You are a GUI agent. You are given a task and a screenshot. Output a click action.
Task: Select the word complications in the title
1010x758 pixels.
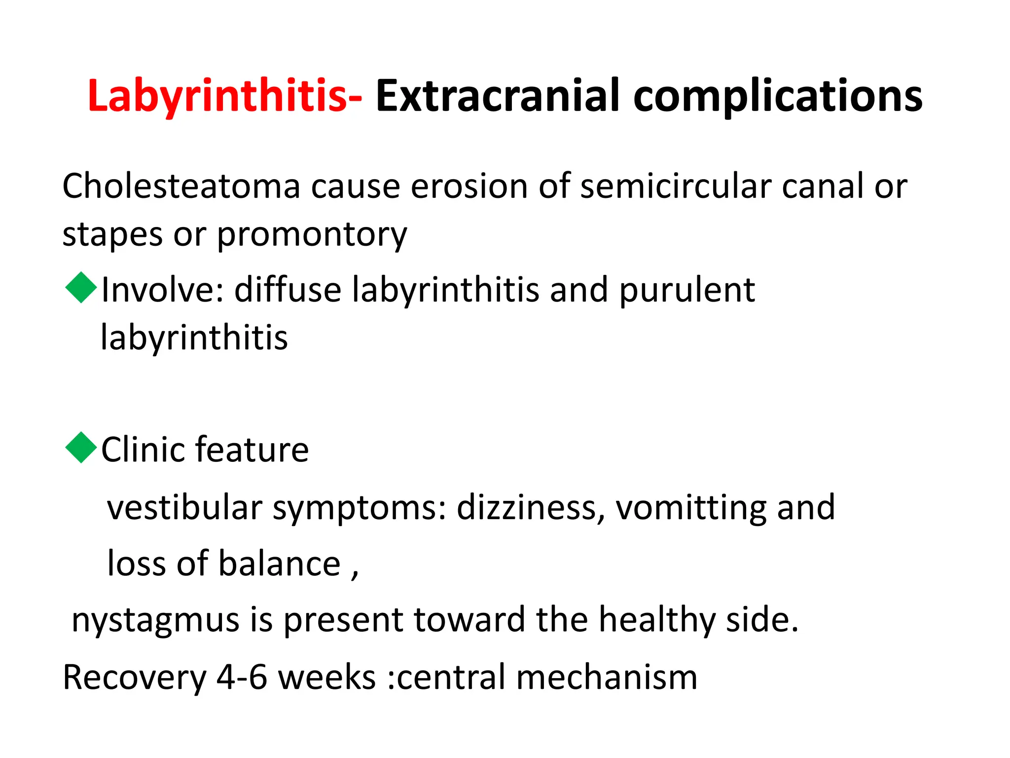click(x=778, y=96)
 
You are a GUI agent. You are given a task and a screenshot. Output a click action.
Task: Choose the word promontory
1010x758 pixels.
click(x=312, y=235)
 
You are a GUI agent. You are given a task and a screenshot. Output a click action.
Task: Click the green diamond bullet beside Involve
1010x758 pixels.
click(x=81, y=288)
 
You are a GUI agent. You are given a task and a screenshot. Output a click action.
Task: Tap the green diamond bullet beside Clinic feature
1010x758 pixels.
click(x=81, y=448)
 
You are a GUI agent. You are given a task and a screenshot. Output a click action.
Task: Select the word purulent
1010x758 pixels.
click(x=687, y=290)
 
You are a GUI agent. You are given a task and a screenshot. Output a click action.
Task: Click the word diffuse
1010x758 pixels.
click(x=288, y=290)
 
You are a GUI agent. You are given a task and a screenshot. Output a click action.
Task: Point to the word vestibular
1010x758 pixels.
click(x=185, y=508)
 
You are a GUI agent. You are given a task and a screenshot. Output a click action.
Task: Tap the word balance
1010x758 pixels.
click(x=280, y=564)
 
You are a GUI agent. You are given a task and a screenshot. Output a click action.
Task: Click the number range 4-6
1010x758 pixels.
click(x=242, y=677)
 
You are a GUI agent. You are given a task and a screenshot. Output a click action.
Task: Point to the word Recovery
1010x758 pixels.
click(x=135, y=678)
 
